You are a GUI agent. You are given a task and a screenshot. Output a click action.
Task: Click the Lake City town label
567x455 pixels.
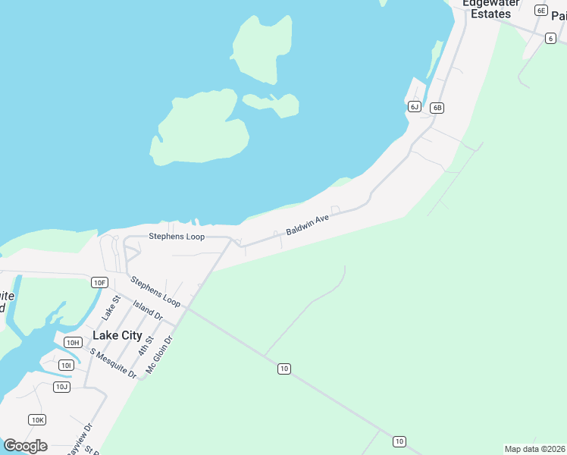(x=117, y=334)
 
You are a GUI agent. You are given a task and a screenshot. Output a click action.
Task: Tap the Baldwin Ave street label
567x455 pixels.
(x=307, y=223)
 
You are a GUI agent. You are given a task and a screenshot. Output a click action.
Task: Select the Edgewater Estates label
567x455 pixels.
(x=495, y=8)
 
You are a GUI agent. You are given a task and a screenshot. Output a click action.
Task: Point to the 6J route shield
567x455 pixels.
(x=414, y=106)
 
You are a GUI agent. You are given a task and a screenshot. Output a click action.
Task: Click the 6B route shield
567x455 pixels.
(x=437, y=108)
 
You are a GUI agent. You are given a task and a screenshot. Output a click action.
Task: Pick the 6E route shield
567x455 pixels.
(x=540, y=10)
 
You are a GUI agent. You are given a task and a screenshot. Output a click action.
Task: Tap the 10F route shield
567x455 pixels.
(x=99, y=282)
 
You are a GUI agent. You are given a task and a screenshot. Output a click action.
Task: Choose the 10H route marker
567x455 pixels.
(x=73, y=342)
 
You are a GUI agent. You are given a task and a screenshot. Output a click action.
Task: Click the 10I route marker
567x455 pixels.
(x=67, y=366)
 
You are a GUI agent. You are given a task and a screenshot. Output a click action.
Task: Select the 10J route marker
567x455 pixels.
(x=61, y=387)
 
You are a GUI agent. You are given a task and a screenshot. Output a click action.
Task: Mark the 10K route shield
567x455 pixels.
(x=37, y=419)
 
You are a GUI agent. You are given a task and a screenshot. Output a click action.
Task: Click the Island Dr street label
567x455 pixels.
(x=147, y=309)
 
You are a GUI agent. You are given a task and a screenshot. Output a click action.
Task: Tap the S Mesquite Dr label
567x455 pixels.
(x=113, y=363)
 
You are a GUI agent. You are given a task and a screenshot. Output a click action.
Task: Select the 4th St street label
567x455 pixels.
(x=146, y=346)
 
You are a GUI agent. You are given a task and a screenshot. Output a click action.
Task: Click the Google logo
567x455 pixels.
(x=25, y=446)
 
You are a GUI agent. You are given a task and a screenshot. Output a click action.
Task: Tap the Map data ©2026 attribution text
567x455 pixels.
(x=534, y=448)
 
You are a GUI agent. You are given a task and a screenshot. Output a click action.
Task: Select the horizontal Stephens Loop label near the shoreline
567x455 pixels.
(x=176, y=237)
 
